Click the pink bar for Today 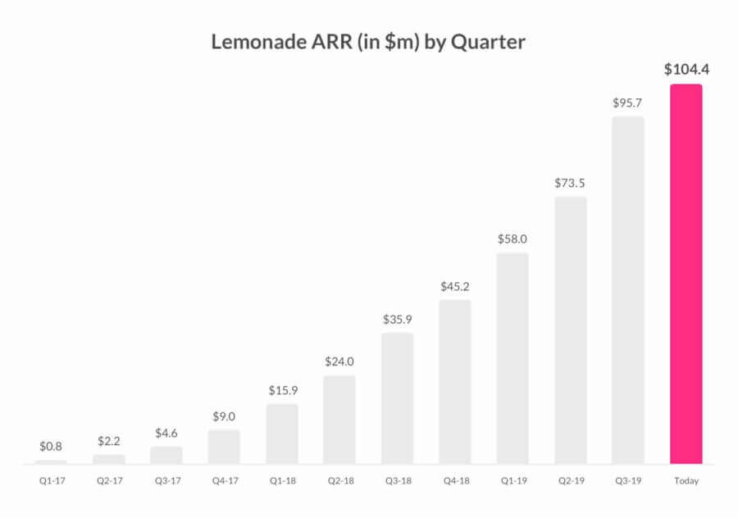(686, 275)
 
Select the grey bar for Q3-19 (628, 291)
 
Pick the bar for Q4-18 (455, 382)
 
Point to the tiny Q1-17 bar (51, 462)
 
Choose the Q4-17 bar (224, 447)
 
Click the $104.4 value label (686, 70)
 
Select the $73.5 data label (571, 184)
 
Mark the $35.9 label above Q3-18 (397, 320)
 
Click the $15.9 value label (282, 390)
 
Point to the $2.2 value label (108, 441)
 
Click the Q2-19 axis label (571, 481)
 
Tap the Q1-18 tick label (282, 481)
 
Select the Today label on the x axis (686, 481)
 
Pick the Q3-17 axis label (166, 481)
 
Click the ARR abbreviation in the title (326, 42)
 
